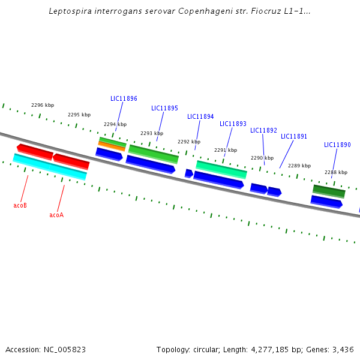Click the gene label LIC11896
(124, 98)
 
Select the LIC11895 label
(164, 108)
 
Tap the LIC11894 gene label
(200, 116)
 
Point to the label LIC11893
(233, 124)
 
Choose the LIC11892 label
(263, 130)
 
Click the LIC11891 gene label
(294, 136)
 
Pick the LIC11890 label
(337, 145)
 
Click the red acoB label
(20, 205)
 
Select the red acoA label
(56, 215)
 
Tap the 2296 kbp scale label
(43, 105)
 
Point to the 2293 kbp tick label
(152, 133)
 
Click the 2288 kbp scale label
(336, 172)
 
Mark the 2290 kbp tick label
(262, 158)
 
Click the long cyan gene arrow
(50, 167)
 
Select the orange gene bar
(112, 146)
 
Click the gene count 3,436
(343, 349)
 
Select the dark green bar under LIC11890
(329, 191)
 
